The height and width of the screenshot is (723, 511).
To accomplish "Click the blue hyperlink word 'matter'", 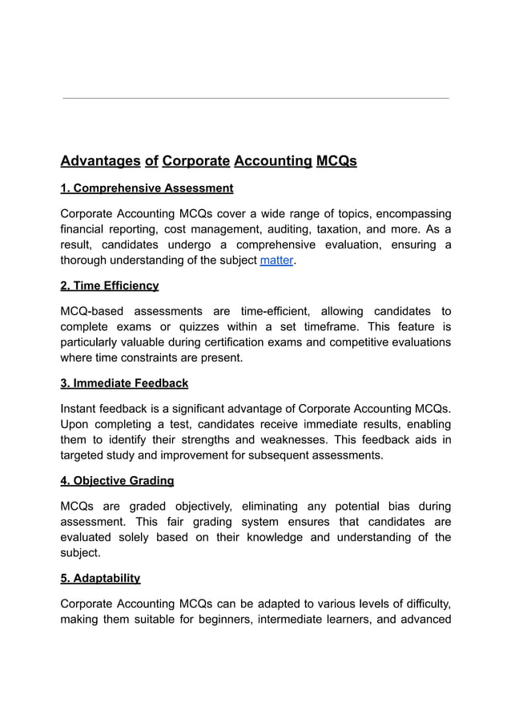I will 277,261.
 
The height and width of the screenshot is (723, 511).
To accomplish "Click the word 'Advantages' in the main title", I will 100,161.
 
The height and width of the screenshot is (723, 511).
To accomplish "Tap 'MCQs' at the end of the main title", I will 336,161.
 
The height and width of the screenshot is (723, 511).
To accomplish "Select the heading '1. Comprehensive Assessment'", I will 147,188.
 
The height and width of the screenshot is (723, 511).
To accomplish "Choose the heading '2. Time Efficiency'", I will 110,285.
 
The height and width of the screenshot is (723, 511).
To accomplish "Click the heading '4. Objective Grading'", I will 117,480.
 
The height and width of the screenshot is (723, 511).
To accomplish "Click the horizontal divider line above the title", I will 255,99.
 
